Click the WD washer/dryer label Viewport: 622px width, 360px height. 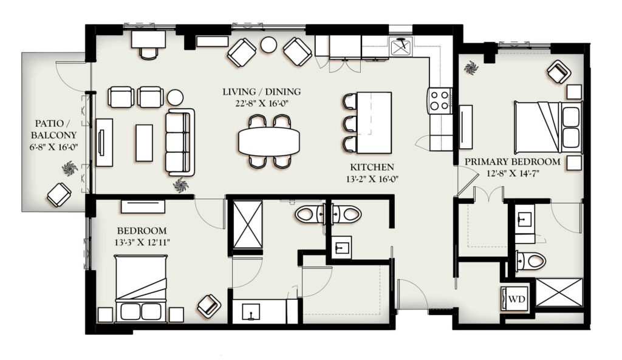coord(516,299)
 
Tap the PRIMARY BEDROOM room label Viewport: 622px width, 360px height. coord(513,161)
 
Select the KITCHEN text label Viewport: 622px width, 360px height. coord(372,168)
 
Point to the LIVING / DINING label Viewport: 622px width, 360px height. coord(261,92)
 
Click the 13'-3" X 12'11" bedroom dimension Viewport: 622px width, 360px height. coord(142,242)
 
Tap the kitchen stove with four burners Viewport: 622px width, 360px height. coord(440,101)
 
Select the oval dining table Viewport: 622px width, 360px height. coord(269,141)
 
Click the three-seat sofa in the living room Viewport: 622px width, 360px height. coord(180,142)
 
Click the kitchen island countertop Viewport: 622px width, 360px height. coord(374,123)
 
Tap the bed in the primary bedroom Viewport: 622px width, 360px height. coord(548,127)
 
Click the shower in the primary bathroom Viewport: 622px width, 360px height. coord(559,293)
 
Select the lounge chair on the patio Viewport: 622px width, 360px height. coord(59,195)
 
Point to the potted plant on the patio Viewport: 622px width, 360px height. coord(70,169)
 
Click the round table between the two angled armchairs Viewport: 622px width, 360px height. coord(268,45)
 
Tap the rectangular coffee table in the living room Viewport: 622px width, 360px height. coord(145,143)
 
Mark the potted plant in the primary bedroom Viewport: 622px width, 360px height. coord(471,68)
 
